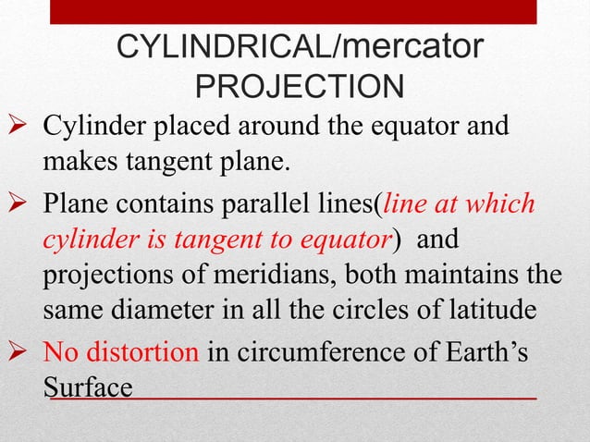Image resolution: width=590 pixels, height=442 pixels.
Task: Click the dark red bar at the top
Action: click(x=304, y=12)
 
